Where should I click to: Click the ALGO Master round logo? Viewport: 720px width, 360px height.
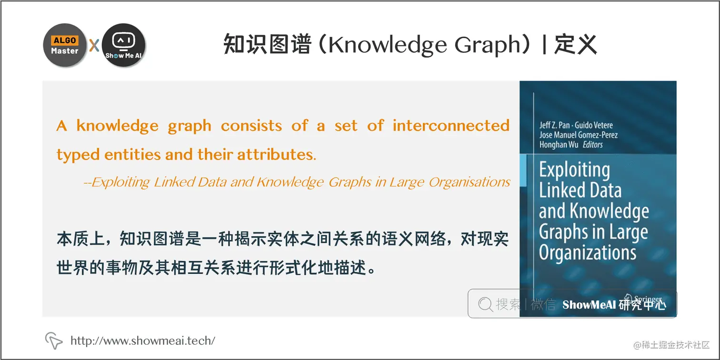(x=65, y=45)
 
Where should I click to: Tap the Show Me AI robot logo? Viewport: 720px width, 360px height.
(x=124, y=45)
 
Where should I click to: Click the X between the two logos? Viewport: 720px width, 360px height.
(x=94, y=46)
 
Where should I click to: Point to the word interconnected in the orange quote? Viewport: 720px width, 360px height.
(x=451, y=126)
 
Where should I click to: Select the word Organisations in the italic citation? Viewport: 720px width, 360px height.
(x=470, y=182)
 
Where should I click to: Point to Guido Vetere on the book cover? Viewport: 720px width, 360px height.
(x=594, y=125)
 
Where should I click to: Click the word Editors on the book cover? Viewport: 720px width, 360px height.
(x=593, y=145)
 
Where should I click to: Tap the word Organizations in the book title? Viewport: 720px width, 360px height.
(x=588, y=252)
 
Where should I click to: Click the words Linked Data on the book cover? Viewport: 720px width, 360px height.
(x=580, y=190)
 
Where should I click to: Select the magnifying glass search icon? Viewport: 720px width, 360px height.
(x=485, y=304)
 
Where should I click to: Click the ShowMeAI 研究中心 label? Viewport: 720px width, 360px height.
(x=614, y=305)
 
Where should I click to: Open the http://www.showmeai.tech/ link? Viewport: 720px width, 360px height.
(x=143, y=340)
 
